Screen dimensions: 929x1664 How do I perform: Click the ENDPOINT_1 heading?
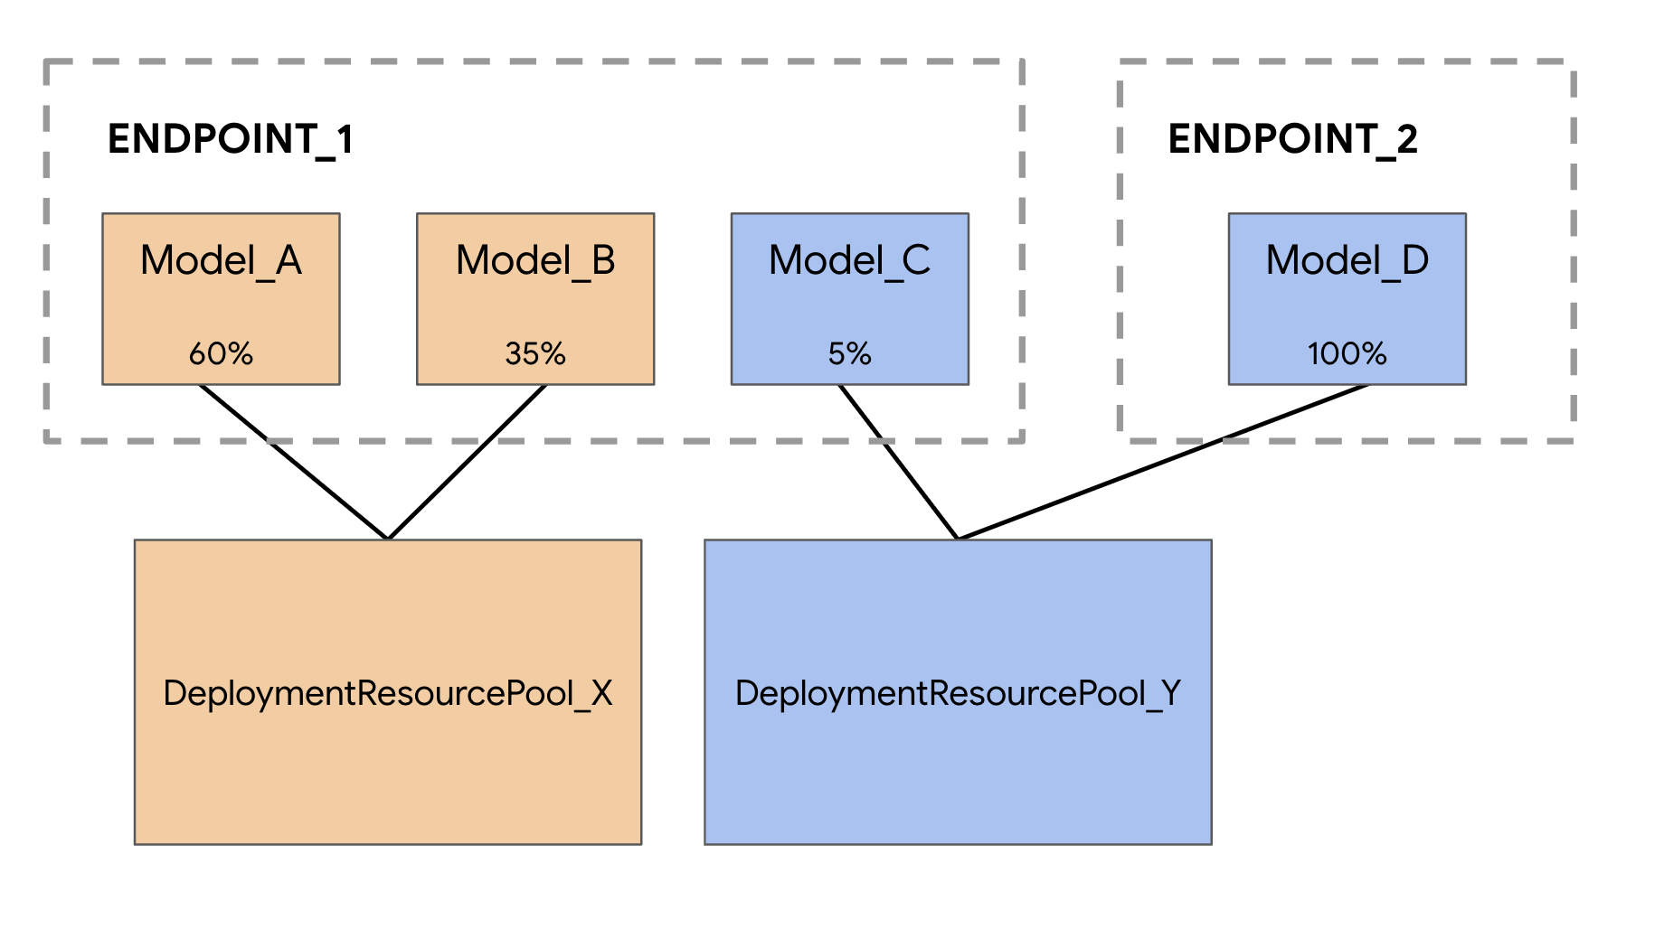pos(230,139)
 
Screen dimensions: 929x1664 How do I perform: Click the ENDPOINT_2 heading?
pos(1292,139)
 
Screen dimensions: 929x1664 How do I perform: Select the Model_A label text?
pos(221,261)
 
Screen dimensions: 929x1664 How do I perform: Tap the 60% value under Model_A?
pos(221,353)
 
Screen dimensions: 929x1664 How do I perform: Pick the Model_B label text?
pos(535,261)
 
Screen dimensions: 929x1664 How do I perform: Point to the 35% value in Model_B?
pos(535,353)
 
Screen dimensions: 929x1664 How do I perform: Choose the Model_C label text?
pos(849,261)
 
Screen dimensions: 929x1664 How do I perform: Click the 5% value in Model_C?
pos(849,353)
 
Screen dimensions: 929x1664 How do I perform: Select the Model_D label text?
pos(1347,261)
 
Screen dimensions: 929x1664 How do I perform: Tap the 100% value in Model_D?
pos(1347,353)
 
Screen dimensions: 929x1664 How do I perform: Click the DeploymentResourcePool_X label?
pos(387,694)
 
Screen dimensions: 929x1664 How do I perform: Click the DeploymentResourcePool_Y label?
pos(958,694)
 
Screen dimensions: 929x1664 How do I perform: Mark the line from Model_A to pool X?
pos(294,462)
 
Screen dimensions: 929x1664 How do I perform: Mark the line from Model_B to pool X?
pos(466,463)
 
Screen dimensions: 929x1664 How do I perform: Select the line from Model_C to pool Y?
pos(898,462)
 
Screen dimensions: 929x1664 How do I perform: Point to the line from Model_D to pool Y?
pos(1162,462)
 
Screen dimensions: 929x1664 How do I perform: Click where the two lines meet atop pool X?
pos(388,538)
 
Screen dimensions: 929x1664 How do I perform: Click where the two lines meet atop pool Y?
pos(958,538)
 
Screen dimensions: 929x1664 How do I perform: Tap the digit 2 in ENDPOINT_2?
pos(1406,139)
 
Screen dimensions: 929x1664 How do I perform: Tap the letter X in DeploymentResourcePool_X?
pos(601,694)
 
